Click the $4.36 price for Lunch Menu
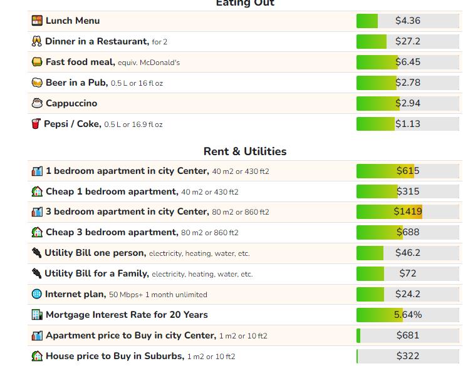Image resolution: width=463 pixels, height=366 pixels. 408,21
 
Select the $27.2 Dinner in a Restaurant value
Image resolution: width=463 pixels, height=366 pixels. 408,41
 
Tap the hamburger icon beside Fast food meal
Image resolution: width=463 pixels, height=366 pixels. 37,62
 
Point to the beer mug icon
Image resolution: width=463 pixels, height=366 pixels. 37,83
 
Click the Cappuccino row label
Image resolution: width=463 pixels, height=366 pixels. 71,103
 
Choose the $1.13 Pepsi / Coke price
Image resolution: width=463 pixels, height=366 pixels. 408,124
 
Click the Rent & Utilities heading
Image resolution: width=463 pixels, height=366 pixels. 245,151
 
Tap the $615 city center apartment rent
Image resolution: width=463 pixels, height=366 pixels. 408,171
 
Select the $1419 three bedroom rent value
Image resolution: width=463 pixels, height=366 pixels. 408,211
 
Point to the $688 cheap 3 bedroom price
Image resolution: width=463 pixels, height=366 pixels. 408,232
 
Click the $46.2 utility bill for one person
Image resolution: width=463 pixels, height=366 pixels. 408,253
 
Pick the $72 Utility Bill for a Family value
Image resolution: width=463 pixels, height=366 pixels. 408,273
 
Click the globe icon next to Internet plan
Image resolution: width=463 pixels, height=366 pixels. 37,294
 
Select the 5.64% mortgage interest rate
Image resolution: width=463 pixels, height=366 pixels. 408,315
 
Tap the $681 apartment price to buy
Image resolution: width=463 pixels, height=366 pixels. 408,335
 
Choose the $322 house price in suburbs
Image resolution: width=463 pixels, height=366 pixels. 408,356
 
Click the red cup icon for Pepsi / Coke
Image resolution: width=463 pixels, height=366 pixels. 36,124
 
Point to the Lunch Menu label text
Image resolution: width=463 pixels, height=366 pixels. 72,21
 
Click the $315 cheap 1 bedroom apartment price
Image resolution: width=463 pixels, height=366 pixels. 408,191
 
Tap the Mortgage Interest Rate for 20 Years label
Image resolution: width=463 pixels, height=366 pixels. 127,315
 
